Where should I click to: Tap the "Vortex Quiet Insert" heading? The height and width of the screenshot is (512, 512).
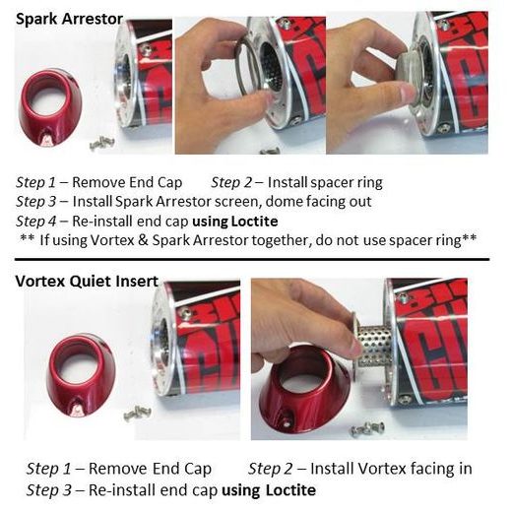pos(87,281)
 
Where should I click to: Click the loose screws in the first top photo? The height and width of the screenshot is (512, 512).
pos(101,144)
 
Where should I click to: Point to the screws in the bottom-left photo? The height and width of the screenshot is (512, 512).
pos(137,413)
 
